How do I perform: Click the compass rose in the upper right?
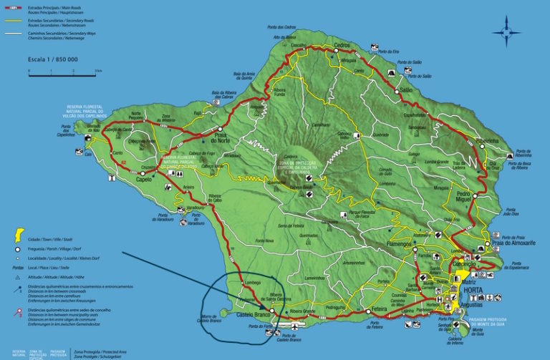(x=506, y=31)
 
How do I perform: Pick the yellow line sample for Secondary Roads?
(x=14, y=21)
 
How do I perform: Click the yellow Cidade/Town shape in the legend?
(x=15, y=235)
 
